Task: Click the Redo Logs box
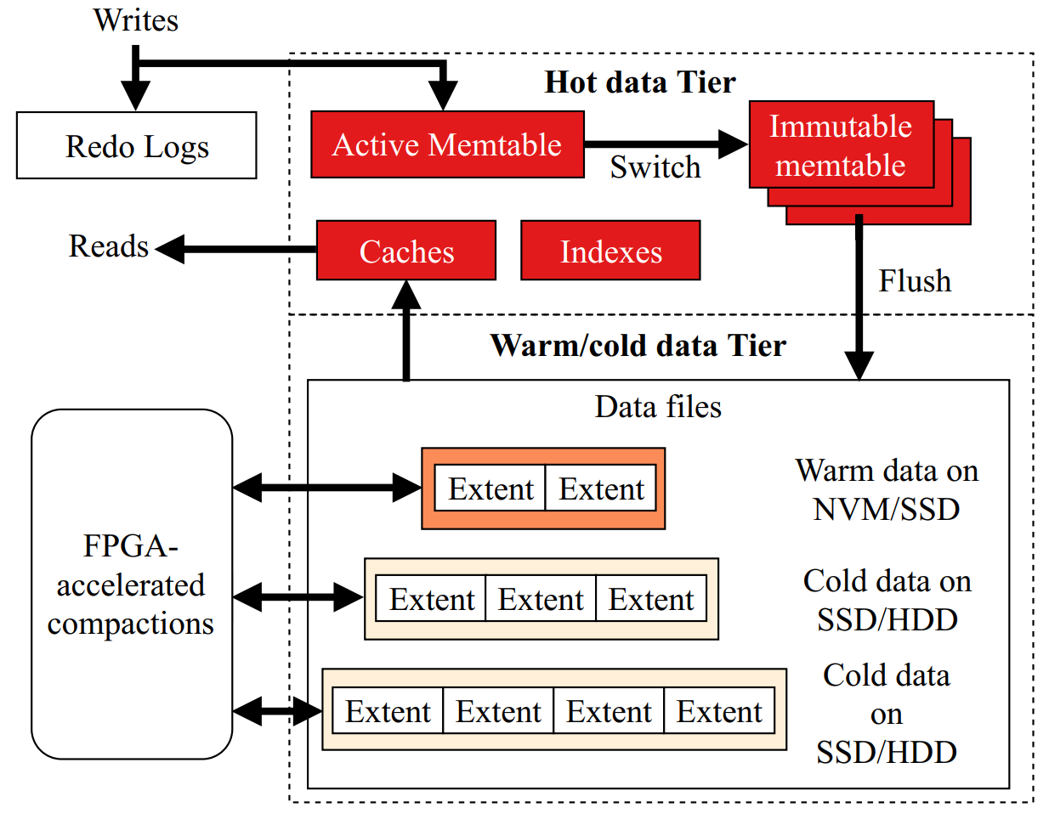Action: (136, 146)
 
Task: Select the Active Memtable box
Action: (447, 144)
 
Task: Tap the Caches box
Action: (406, 251)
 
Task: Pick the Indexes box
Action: (610, 251)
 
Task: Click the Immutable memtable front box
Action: (841, 145)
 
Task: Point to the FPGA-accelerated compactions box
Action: (132, 585)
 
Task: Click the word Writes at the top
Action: (136, 20)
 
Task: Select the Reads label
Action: (109, 246)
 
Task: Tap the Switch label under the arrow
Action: (655, 167)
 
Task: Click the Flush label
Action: (915, 280)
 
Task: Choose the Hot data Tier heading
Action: (639, 82)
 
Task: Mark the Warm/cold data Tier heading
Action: (638, 346)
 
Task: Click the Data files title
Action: (658, 407)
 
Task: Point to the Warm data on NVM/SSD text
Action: (887, 489)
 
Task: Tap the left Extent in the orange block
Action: (490, 489)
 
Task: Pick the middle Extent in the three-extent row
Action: (541, 600)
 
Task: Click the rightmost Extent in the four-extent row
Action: (719, 712)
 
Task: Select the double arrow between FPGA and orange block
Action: (326, 488)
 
